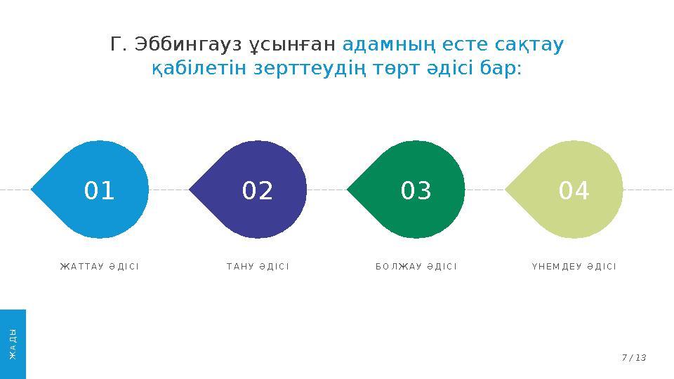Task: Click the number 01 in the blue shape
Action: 99,191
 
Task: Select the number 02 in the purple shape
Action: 257,191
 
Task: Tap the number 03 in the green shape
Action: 416,191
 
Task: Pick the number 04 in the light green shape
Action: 574,191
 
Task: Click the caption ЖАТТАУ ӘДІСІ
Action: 99,267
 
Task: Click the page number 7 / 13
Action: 633,358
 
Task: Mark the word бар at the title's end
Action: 503,69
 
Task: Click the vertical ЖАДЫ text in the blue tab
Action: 13,343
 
